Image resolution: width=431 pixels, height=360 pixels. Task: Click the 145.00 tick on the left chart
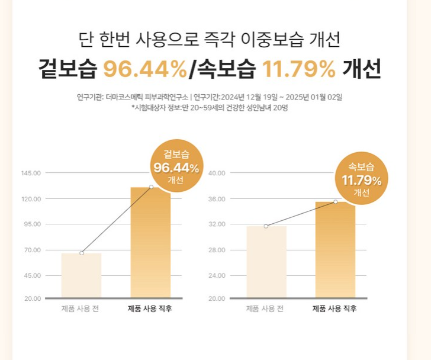[31, 173]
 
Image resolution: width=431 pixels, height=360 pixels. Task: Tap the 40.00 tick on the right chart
[217, 173]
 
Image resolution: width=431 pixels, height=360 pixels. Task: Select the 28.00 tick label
[217, 250]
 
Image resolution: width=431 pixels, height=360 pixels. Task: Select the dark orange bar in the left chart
[150, 243]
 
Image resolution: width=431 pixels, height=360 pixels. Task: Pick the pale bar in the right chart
[266, 262]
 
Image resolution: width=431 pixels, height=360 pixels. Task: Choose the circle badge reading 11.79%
[361, 178]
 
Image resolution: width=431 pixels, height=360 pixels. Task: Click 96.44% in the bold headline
[145, 70]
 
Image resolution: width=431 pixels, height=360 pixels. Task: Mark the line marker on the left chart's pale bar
[82, 253]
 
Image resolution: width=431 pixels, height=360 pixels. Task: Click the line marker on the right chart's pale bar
[266, 226]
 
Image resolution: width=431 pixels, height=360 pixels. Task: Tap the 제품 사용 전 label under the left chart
[82, 309]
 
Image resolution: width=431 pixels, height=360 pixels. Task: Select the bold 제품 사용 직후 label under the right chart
[335, 309]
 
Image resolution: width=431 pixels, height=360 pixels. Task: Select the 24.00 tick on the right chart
[217, 275]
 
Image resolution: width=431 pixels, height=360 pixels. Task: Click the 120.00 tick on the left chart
[31, 199]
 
